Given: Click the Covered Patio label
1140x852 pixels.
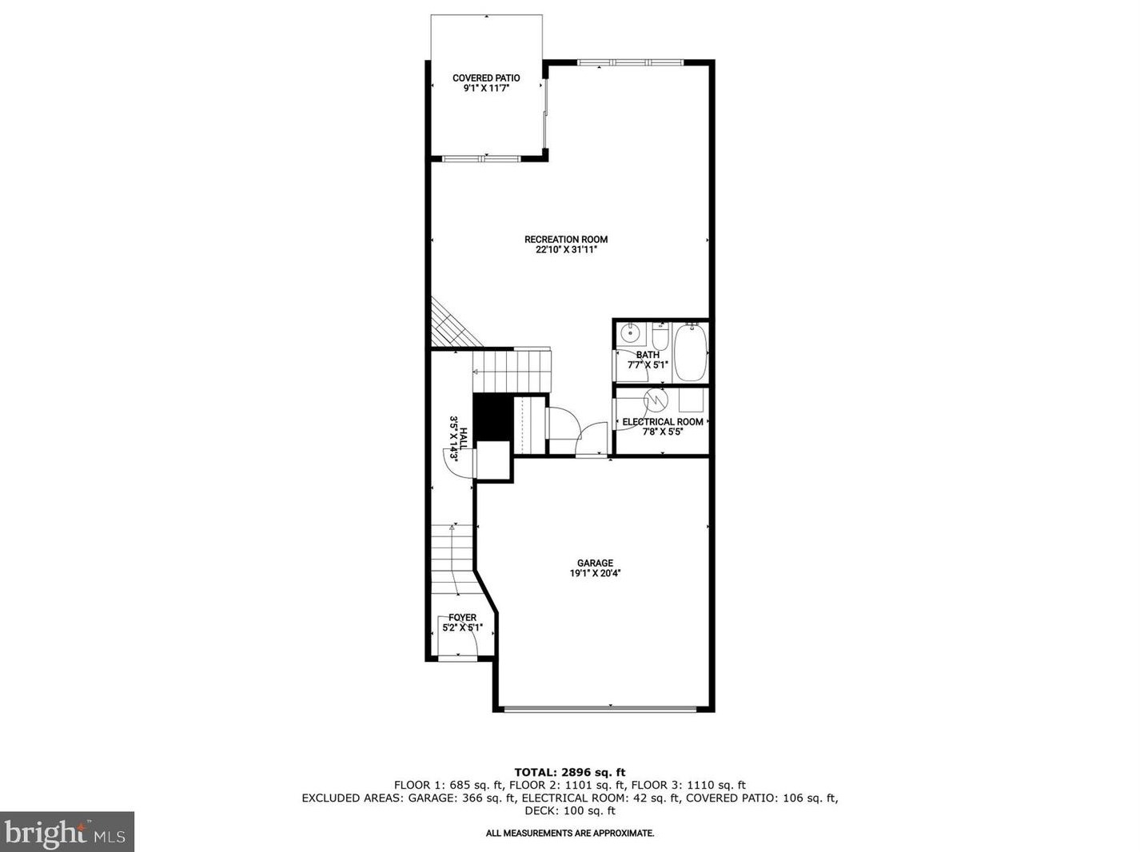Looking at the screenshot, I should tap(486, 78).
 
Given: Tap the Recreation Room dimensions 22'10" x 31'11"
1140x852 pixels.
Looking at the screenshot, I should tap(566, 249).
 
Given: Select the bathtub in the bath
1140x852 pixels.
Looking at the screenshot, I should tap(690, 352).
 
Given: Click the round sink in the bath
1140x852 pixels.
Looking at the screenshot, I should tap(631, 333).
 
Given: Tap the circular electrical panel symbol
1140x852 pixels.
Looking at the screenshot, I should tap(655, 397).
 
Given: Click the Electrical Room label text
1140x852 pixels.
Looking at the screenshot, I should tap(663, 421).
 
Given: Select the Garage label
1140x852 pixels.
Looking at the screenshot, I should tap(595, 563).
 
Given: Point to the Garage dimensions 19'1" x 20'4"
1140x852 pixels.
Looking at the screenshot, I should tap(595, 573).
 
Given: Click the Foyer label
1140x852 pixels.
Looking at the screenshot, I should tap(462, 617).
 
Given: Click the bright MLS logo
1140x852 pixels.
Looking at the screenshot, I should tap(66, 832).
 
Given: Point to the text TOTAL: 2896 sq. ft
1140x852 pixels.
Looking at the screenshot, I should tap(569, 772).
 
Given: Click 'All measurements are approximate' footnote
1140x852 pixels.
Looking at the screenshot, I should tap(569, 833).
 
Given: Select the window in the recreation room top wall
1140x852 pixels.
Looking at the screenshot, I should tap(630, 62).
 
